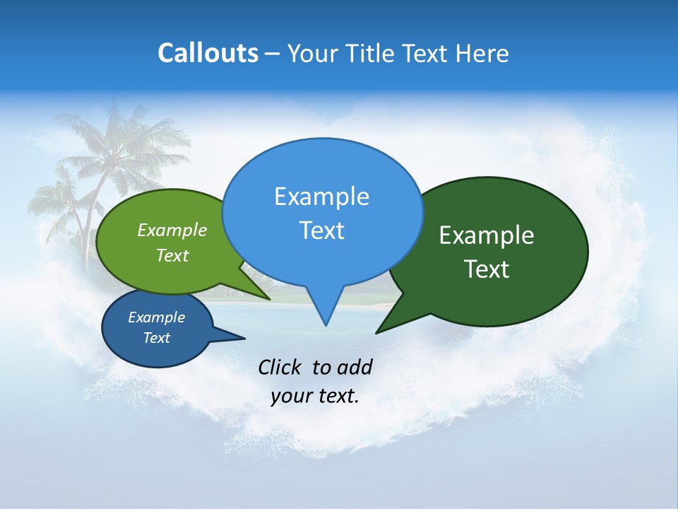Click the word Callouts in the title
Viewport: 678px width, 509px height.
pos(208,53)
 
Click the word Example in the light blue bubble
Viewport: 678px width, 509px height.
pos(321,197)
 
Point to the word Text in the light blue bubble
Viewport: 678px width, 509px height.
pos(321,230)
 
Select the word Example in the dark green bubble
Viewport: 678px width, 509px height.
pos(486,235)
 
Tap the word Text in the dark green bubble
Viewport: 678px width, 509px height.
pos(486,269)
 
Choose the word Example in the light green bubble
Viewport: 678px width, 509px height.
pos(172,230)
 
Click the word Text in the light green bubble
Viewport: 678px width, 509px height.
pos(172,255)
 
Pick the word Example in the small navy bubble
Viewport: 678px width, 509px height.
pos(156,317)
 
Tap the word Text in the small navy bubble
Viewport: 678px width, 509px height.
pos(156,338)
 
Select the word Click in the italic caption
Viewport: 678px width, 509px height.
pos(280,367)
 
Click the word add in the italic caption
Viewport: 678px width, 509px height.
pos(354,367)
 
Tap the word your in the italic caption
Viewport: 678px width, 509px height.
pos(291,396)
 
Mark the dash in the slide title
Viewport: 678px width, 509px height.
pos(273,54)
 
